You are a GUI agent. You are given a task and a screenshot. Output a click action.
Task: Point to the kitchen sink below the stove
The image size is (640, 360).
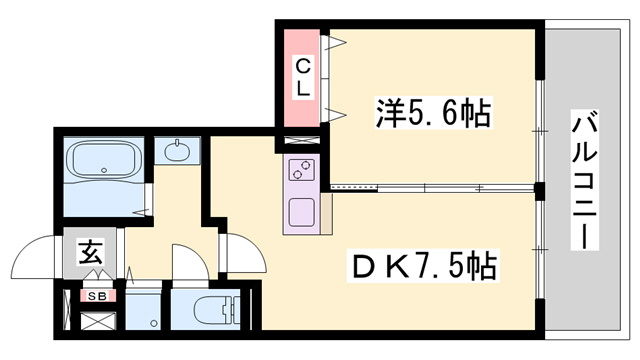(x=302, y=213)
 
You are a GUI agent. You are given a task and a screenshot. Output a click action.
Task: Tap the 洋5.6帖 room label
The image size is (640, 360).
(x=432, y=114)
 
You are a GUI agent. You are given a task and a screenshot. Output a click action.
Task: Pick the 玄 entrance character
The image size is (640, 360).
(x=86, y=252)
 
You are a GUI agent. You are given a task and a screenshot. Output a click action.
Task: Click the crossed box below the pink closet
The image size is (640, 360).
(x=302, y=141)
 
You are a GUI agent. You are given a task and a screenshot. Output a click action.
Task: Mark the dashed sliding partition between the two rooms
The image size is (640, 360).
(x=430, y=187)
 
